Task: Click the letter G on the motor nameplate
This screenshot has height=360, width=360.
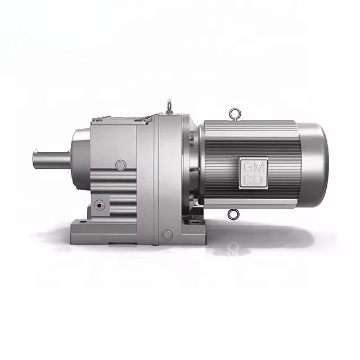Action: (247, 168)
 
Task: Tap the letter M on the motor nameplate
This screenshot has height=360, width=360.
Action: (259, 168)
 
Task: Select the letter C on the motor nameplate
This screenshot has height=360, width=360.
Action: (247, 180)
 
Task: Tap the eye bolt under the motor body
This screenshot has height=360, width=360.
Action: (233, 214)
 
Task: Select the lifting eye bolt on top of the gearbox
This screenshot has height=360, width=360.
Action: (169, 106)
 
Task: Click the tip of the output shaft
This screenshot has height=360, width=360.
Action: (34, 159)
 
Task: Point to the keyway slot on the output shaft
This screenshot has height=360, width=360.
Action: (52, 151)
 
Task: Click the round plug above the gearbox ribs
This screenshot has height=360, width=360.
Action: (121, 165)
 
